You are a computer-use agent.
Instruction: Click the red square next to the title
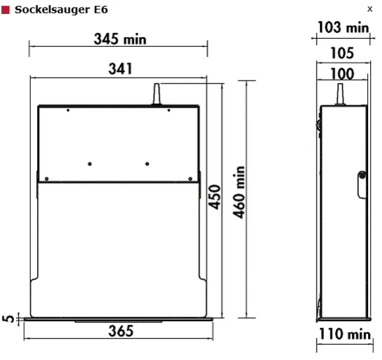[6, 10]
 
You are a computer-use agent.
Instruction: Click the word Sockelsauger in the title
[44, 10]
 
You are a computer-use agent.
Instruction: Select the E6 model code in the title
[99, 10]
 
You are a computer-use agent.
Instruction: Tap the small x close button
[370, 9]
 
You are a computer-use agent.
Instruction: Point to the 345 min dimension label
[120, 39]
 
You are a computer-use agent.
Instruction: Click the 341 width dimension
[120, 69]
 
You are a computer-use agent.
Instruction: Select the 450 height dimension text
[214, 197]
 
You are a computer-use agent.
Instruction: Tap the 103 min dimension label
[343, 27]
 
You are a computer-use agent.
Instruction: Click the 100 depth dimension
[343, 74]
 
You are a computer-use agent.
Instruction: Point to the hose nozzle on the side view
[341, 94]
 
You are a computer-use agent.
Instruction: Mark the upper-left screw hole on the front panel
[68, 110]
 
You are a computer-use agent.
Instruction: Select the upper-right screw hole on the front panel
[169, 110]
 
